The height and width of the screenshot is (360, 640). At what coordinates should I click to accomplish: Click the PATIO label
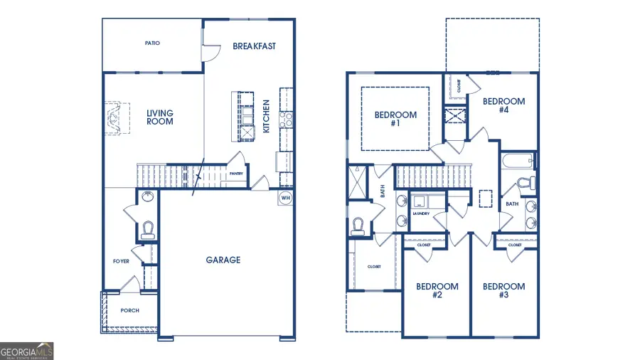click(x=152, y=43)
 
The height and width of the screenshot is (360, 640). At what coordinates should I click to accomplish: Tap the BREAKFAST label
click(x=254, y=46)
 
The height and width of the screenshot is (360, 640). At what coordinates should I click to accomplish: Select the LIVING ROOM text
click(x=160, y=117)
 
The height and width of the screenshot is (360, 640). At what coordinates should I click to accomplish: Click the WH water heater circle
click(x=286, y=198)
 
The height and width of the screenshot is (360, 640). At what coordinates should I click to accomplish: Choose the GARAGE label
click(x=223, y=260)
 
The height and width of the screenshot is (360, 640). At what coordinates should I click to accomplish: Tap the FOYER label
click(x=121, y=261)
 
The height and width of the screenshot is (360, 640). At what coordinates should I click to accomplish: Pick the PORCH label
click(x=129, y=310)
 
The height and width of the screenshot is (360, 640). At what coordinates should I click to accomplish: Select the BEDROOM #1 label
click(x=395, y=119)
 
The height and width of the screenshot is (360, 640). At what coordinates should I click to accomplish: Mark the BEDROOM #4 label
click(x=503, y=105)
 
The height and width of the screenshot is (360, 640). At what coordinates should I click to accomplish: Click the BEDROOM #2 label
click(x=437, y=290)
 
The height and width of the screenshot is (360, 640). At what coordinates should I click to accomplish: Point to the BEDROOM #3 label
click(x=503, y=290)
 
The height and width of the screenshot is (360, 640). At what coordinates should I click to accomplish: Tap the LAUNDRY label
click(x=420, y=213)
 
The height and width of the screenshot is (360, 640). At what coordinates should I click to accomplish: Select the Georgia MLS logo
click(x=27, y=351)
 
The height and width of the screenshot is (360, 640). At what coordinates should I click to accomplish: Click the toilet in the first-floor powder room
click(x=148, y=229)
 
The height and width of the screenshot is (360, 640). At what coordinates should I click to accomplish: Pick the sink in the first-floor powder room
click(x=146, y=196)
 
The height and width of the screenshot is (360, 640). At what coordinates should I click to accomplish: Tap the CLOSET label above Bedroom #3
click(x=516, y=245)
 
